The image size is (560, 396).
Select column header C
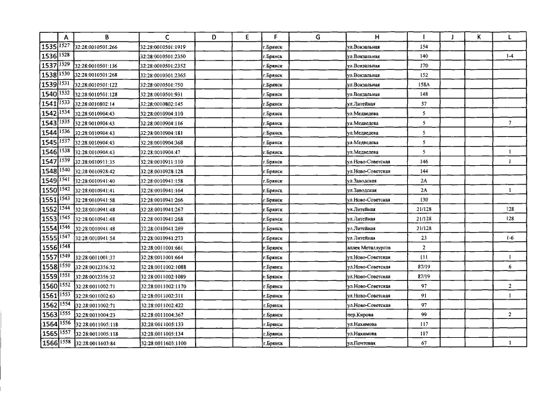167,37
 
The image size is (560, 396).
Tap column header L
509,37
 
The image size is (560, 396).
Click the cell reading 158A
424,85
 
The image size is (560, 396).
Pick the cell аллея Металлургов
369,247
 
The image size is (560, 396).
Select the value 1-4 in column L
509,56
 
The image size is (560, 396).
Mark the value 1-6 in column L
509,238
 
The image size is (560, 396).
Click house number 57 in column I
424,104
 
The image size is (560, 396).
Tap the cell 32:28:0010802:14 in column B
94,104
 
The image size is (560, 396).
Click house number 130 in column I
424,199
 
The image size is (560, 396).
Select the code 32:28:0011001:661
162,247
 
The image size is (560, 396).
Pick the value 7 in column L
509,123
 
